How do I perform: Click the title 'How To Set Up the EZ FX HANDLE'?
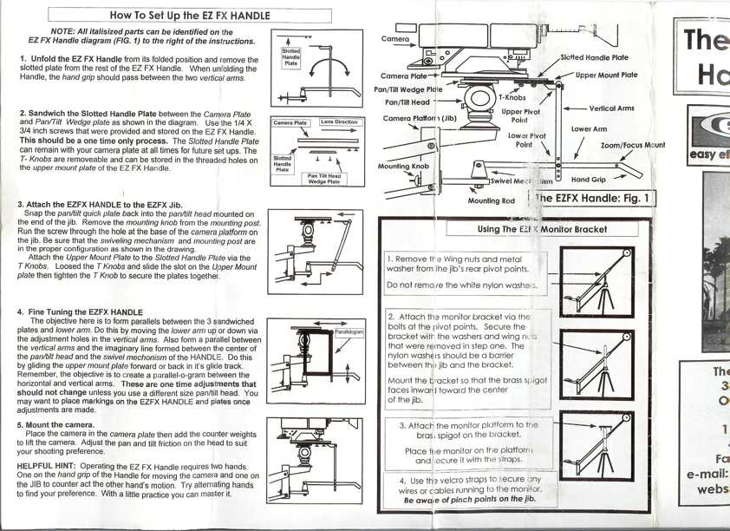(x=190, y=15)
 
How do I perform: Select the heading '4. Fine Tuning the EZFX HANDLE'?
(x=80, y=311)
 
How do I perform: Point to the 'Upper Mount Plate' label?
(x=606, y=75)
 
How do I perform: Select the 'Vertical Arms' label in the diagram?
(x=611, y=108)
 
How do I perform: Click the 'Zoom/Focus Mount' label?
(x=633, y=146)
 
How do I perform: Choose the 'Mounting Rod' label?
(x=491, y=200)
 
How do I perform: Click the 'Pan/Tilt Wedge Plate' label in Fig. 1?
(x=407, y=88)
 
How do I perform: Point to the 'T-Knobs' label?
(x=512, y=98)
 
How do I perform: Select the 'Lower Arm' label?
(x=588, y=128)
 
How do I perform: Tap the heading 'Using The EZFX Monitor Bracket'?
(x=543, y=229)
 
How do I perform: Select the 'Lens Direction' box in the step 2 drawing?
(x=339, y=122)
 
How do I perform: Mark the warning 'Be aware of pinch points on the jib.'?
(x=469, y=500)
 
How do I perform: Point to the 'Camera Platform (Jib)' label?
(x=420, y=118)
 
